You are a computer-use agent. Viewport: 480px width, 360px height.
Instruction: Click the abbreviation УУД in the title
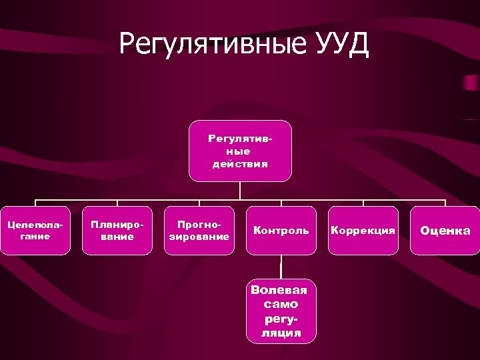(344, 45)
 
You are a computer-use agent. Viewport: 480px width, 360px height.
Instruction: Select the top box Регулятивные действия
(240, 151)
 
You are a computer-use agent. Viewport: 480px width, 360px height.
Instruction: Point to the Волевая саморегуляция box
(281, 311)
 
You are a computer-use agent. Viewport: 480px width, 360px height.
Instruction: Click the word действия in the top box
(240, 164)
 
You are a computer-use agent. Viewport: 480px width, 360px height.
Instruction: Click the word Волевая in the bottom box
(280, 290)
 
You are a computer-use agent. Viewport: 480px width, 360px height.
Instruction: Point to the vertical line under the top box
(240, 191)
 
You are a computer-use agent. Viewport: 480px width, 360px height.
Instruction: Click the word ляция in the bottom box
(281, 332)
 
